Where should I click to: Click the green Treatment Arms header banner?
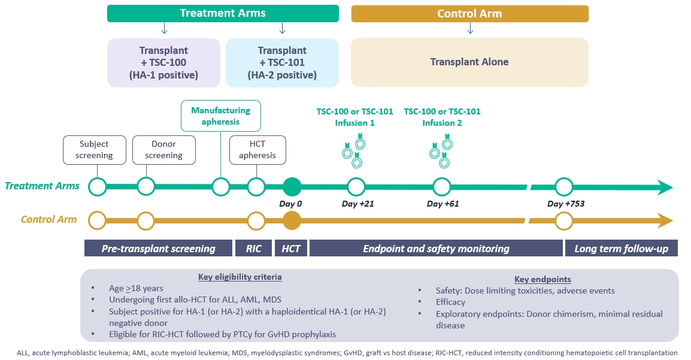click(223, 13)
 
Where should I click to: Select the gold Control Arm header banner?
click(469, 14)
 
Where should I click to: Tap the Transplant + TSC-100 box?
click(163, 63)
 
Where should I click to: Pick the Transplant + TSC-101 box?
click(282, 63)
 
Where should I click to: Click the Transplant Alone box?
click(469, 62)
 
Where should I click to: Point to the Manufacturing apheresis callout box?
click(221, 116)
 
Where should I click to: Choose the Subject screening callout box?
click(95, 150)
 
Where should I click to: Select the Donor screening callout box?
click(163, 150)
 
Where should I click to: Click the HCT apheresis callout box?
click(257, 150)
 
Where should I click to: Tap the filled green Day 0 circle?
click(292, 187)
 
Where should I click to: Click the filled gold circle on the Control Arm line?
click(292, 220)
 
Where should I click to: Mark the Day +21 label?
click(357, 204)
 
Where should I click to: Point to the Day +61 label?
click(443, 204)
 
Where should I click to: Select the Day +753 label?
click(566, 204)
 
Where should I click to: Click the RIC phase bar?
click(253, 249)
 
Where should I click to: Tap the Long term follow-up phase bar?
click(621, 249)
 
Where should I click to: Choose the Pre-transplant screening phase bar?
click(158, 249)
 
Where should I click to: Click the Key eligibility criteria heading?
click(240, 277)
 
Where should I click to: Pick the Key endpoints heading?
click(543, 279)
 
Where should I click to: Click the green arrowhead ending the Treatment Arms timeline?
click(665, 187)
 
